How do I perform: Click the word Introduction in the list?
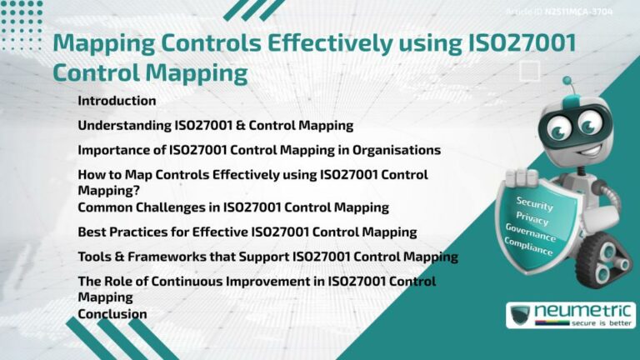[x=117, y=101]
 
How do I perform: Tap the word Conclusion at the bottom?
[x=112, y=314]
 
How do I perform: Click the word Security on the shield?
[x=534, y=202]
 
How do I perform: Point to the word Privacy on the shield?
[x=532, y=218]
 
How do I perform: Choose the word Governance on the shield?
[x=532, y=232]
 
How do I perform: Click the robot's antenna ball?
[x=567, y=81]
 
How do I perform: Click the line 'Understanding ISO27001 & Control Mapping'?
[x=216, y=126]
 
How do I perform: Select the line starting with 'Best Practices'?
[x=247, y=232]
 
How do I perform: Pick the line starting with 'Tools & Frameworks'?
[x=267, y=257]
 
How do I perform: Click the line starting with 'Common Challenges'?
[x=233, y=207]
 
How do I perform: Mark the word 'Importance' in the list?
[x=112, y=150]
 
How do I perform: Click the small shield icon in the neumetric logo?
[x=521, y=317]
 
